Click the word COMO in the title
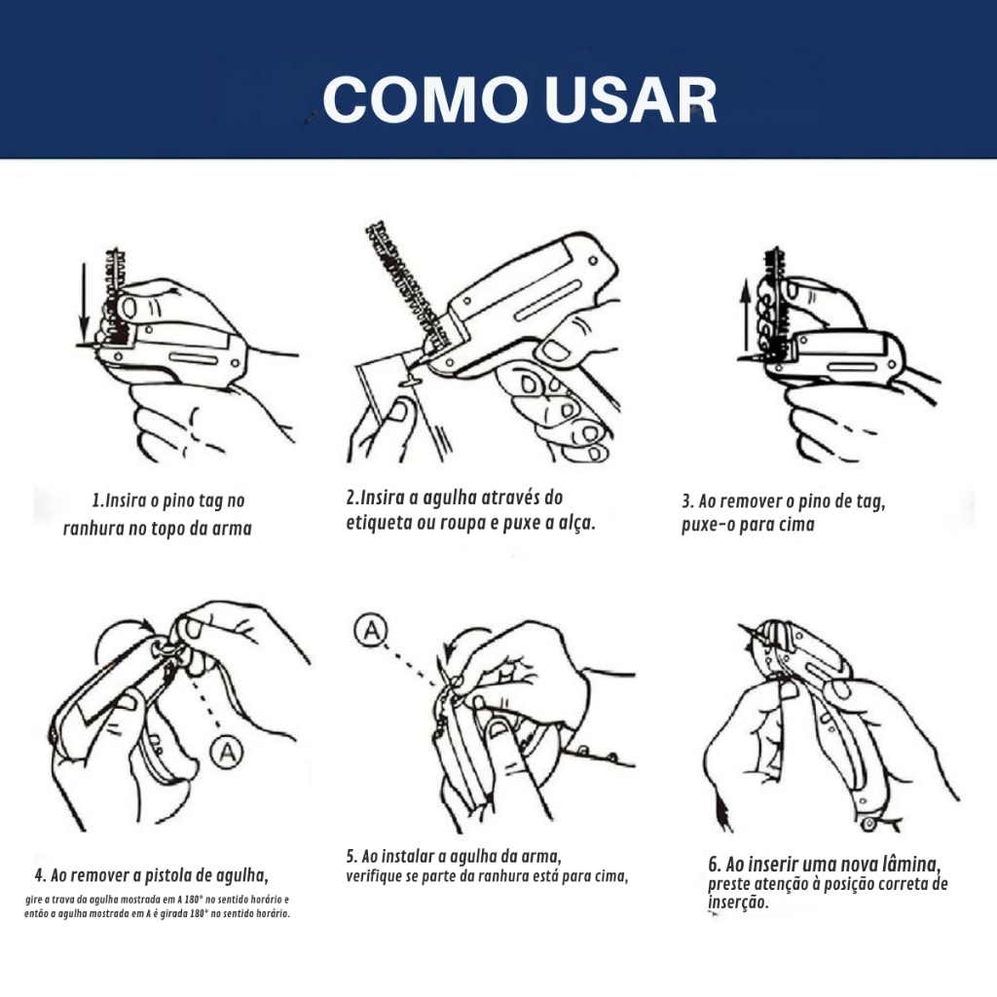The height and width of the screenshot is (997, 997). pyautogui.click(x=425, y=100)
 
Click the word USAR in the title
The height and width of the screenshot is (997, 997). pyautogui.click(x=631, y=100)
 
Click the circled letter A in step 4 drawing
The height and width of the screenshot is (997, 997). pyautogui.click(x=227, y=753)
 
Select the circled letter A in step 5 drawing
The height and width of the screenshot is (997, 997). pyautogui.click(x=371, y=630)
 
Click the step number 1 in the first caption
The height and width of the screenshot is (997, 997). pyautogui.click(x=96, y=500)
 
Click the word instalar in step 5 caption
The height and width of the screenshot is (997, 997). pyautogui.click(x=407, y=857)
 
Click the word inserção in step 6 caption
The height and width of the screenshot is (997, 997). pyautogui.click(x=738, y=903)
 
